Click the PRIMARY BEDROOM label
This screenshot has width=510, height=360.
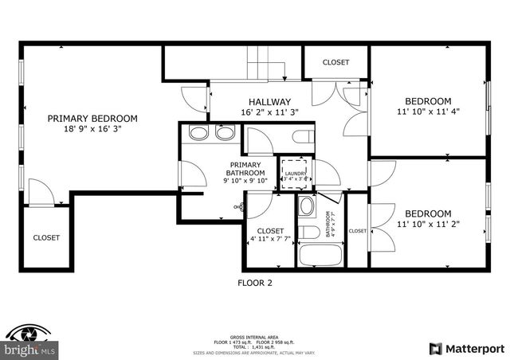[x=92, y=119]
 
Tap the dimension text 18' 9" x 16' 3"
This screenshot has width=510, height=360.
[x=92, y=130]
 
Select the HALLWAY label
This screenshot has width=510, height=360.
[x=269, y=102]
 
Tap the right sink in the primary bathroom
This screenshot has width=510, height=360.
[x=223, y=133]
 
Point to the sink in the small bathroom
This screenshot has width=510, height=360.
[x=307, y=206]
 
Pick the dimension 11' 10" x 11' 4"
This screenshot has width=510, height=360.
[x=428, y=112]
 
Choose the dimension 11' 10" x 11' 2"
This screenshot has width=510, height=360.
[x=428, y=225]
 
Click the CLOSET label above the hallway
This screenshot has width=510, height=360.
[x=335, y=62]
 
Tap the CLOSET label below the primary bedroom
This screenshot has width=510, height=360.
[x=46, y=237]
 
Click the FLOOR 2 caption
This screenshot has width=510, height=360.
[x=255, y=282]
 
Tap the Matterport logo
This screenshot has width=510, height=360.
[x=466, y=348]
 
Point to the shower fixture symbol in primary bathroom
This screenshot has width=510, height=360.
[x=238, y=207]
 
